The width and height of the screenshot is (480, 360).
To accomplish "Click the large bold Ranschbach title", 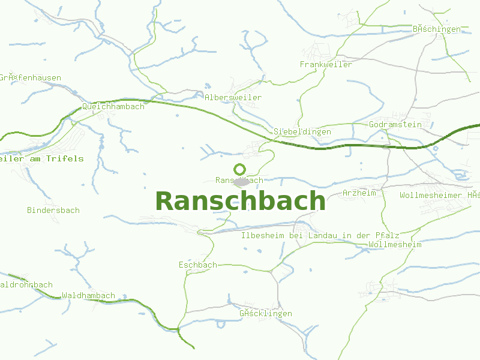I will [x=240, y=201].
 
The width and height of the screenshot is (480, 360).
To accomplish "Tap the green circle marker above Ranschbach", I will [x=240, y=169].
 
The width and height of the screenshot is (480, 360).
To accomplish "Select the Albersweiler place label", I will [x=233, y=97].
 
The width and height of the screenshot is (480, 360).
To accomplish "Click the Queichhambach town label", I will [x=113, y=106].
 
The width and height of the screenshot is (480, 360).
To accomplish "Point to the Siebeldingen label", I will [x=302, y=131].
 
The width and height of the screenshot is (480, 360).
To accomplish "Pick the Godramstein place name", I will [x=395, y=124].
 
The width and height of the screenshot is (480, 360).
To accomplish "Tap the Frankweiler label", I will [x=326, y=64].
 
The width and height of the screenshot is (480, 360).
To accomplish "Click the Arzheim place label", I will [x=359, y=193].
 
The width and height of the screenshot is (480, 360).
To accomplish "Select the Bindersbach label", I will [x=53, y=210].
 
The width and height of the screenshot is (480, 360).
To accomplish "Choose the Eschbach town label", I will [x=197, y=265].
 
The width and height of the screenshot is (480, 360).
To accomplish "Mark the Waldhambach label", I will [x=88, y=295].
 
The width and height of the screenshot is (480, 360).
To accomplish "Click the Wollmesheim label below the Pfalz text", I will [x=395, y=244].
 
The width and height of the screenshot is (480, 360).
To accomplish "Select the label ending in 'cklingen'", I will [x=265, y=313].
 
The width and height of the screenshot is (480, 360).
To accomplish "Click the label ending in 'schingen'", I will [x=436, y=29].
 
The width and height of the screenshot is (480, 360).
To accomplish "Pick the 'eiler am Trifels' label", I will [x=41, y=158].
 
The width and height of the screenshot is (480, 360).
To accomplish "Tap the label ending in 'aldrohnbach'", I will [x=26, y=284].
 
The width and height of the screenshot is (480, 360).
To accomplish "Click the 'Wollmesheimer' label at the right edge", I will [x=440, y=195].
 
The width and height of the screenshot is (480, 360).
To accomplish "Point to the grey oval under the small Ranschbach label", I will [x=242, y=182].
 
